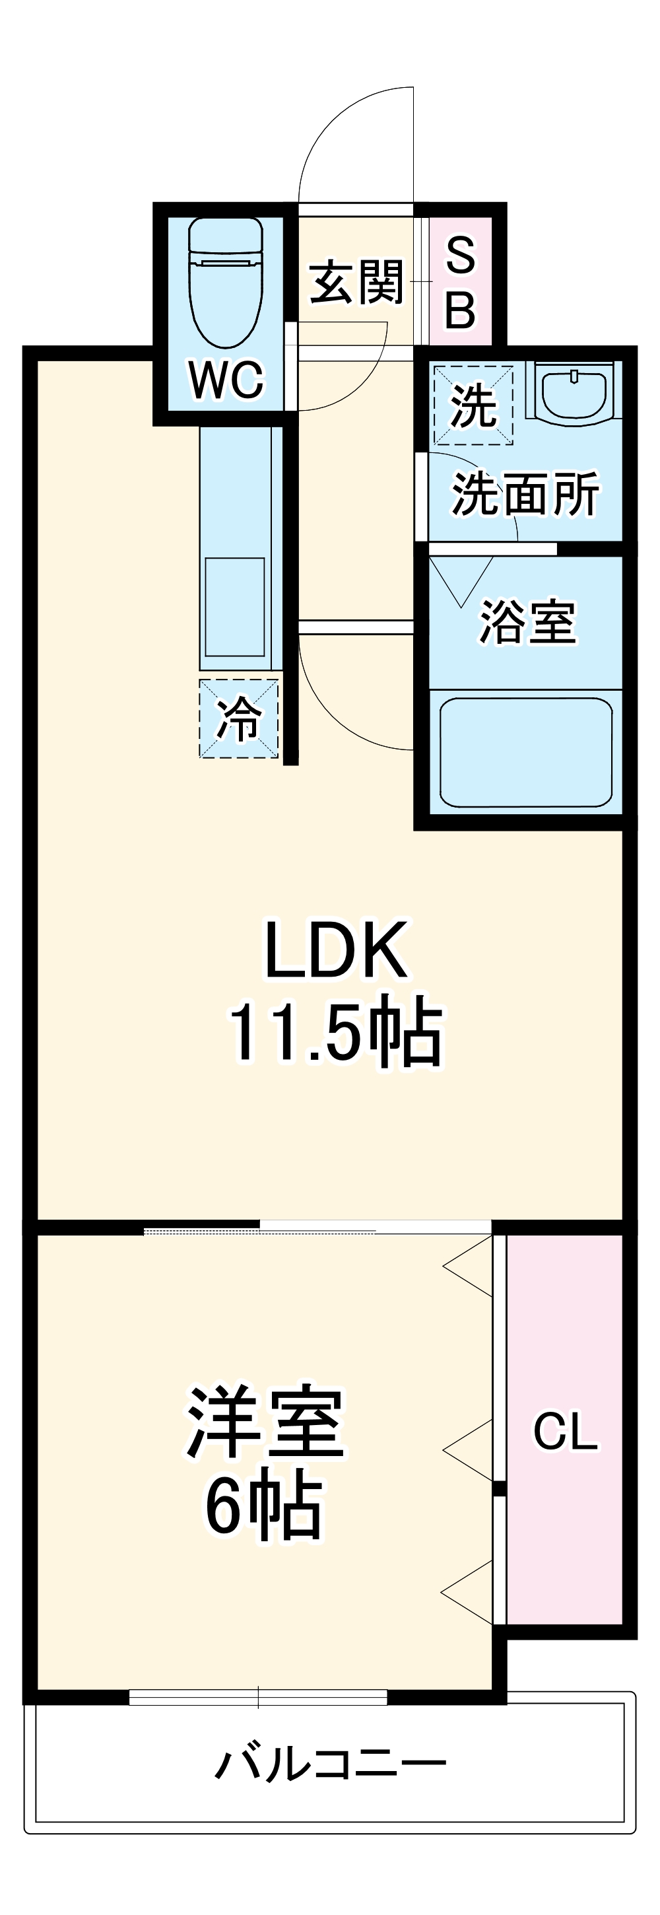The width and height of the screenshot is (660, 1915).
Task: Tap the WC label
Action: pos(226,380)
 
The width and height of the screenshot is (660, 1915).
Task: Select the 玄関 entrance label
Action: pos(357,283)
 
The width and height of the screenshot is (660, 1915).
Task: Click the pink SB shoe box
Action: pos(461,283)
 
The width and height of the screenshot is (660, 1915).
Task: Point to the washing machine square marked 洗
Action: pos(473,405)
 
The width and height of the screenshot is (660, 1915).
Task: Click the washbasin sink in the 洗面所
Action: pos(573,392)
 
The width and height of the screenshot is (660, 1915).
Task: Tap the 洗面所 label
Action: pos(525,494)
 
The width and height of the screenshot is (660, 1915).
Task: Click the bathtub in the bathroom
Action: pos(525,751)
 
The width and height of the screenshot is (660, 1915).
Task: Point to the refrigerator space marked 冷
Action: pos(238,719)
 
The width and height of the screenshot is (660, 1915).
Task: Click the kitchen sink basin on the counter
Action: pos(235,607)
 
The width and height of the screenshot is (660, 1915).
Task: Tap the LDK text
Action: pos(336,950)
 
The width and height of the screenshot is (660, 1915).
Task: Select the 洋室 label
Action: pos(265,1423)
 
